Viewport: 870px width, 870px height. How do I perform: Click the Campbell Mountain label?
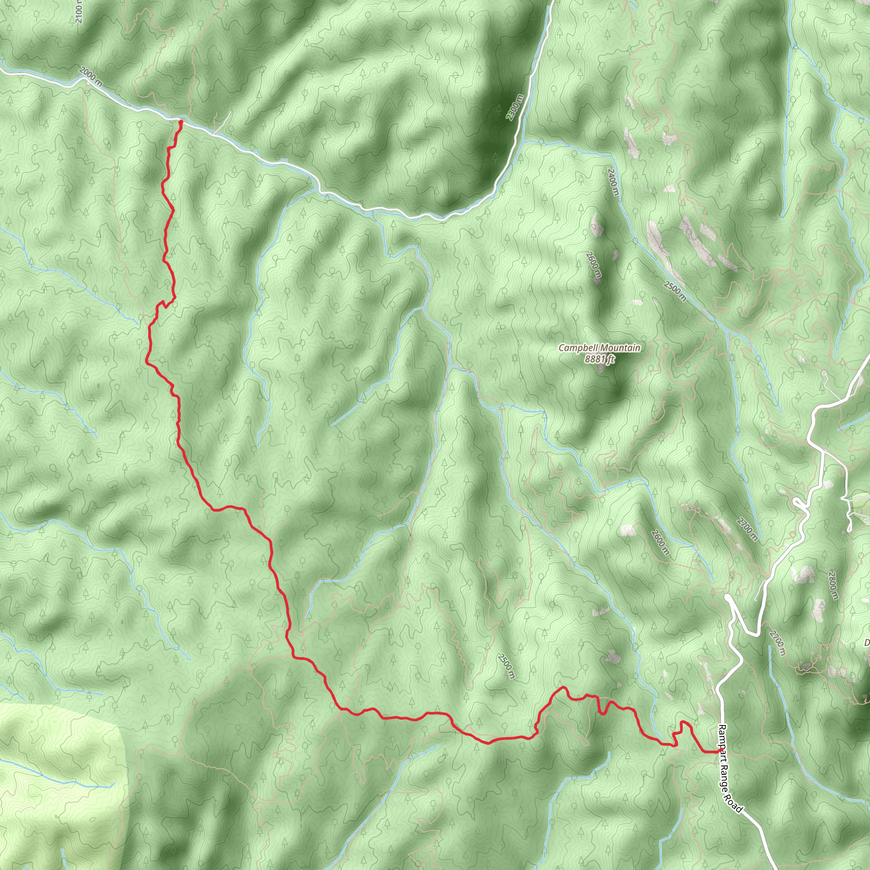(599, 347)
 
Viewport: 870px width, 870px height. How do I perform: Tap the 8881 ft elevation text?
(599, 359)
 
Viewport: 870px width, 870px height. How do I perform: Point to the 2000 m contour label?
(90, 76)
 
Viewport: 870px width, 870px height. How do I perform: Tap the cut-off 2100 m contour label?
(79, 11)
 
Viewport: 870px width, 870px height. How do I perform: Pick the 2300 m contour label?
(515, 107)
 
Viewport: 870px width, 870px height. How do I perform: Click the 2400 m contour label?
(613, 181)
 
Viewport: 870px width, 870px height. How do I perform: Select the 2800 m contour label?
(833, 585)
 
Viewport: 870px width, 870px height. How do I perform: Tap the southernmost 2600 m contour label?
(661, 542)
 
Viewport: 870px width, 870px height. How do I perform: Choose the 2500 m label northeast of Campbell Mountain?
(674, 291)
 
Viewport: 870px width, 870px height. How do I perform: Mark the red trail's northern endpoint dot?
(181, 122)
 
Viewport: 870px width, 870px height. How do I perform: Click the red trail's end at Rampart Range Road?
(719, 751)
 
